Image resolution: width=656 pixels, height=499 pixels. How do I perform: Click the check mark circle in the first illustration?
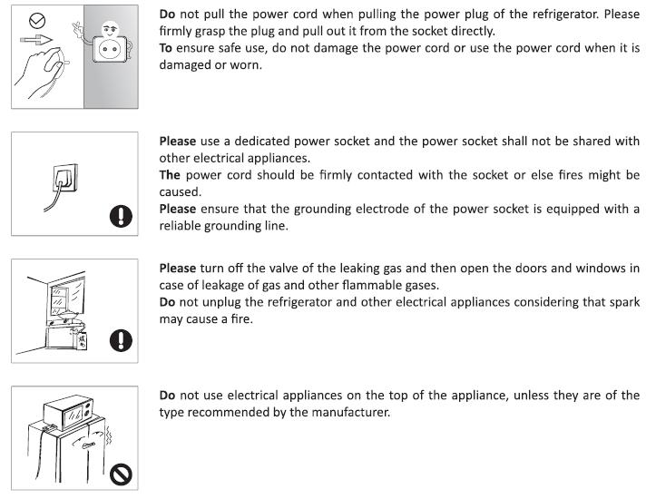click(37, 20)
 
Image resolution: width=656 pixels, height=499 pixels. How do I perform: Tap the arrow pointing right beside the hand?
click(36, 40)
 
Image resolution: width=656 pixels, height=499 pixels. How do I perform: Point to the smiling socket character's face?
click(111, 29)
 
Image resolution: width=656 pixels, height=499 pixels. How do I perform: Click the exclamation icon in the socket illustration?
click(121, 216)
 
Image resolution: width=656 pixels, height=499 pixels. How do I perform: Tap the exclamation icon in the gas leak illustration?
click(121, 339)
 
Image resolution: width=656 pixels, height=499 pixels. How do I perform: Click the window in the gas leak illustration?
click(67, 296)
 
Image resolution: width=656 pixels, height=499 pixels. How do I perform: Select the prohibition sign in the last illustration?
click(121, 475)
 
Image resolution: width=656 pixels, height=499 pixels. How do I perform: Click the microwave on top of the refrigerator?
click(69, 412)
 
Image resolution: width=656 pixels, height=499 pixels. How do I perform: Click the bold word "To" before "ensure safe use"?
click(166, 48)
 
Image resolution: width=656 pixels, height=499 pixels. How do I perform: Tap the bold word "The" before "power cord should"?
click(170, 175)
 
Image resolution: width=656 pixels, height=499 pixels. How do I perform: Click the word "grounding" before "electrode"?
click(322, 210)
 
